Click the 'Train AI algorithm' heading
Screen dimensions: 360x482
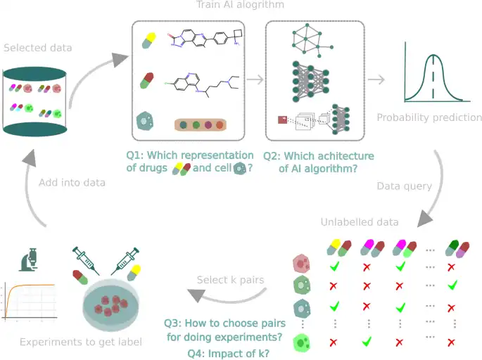pyautogui.click(x=240, y=6)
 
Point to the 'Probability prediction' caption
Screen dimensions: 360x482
pyautogui.click(x=429, y=117)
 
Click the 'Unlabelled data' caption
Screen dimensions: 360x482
pyautogui.click(x=360, y=222)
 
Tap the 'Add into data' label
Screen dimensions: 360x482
pyautogui.click(x=72, y=182)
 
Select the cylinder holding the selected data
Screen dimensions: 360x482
pyautogui.click(x=35, y=101)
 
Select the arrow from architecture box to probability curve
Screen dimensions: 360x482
pyautogui.click(x=376, y=79)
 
